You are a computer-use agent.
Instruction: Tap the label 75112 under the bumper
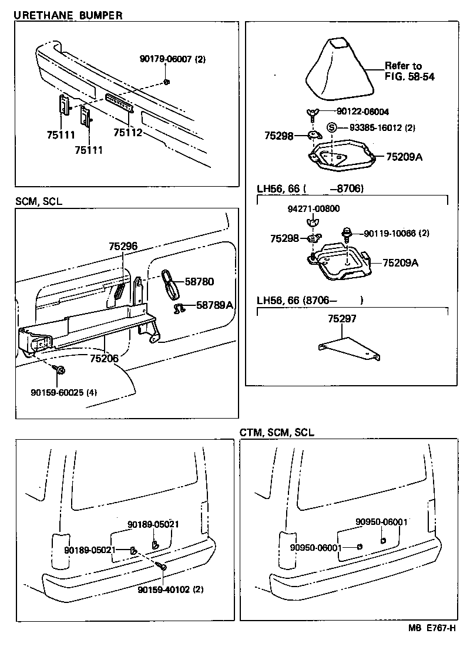[x=127, y=133]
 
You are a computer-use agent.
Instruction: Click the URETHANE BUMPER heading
[x=68, y=16]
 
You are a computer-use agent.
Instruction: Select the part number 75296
[x=123, y=247]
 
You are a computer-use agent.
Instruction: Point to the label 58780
[x=199, y=282]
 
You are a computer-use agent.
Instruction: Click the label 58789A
[x=214, y=305]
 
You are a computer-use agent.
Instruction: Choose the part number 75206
[x=105, y=358]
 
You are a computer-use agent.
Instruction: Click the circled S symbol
[x=331, y=127]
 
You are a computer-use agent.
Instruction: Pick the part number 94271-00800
[x=313, y=208]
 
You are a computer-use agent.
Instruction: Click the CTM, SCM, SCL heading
[x=277, y=432]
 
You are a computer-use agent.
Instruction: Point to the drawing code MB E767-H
[x=432, y=628]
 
